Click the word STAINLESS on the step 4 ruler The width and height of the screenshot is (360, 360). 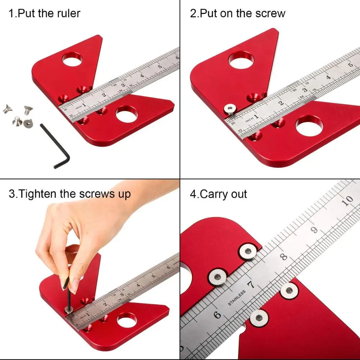[237, 298]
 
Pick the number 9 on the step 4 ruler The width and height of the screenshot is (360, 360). [315, 230]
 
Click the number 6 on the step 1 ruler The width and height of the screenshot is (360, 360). [177, 58]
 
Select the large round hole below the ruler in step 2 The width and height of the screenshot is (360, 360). [309, 126]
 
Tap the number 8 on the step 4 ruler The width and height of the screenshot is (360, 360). [283, 257]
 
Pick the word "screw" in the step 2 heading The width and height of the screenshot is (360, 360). [271, 14]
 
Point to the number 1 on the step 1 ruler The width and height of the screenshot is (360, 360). [84, 105]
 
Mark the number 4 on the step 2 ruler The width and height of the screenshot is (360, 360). [328, 77]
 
